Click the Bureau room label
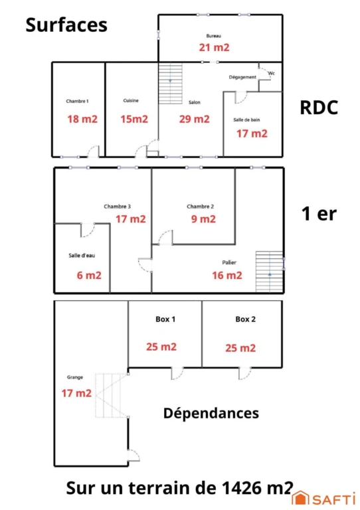(x=214, y=36)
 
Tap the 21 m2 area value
(x=214, y=48)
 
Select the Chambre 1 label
(x=77, y=101)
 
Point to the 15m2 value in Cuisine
(x=134, y=119)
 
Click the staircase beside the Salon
(x=170, y=84)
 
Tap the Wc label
(x=272, y=74)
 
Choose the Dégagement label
(x=242, y=78)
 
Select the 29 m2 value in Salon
(x=194, y=119)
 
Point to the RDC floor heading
(x=319, y=108)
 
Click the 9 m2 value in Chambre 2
(x=203, y=219)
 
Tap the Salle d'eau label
(x=82, y=256)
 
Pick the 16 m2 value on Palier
(x=227, y=276)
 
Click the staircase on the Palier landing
(x=269, y=272)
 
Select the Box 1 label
(x=165, y=319)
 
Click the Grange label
(x=75, y=377)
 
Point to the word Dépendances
(x=211, y=414)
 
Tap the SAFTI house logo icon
(x=300, y=498)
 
